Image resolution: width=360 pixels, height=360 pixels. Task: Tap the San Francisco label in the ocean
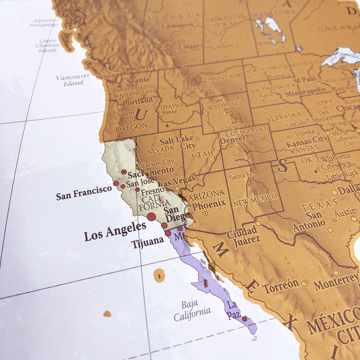pyautogui.click(x=84, y=193)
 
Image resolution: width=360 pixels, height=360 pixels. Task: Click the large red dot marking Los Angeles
pyautogui.click(x=151, y=217)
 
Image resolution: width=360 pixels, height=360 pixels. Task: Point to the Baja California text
pyautogui.click(x=192, y=310)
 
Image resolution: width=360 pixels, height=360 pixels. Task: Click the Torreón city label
pyautogui.click(x=281, y=285)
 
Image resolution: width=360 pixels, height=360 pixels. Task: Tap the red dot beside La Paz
pyautogui.click(x=244, y=319)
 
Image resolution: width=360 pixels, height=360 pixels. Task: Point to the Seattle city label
pyautogui.click(x=138, y=80)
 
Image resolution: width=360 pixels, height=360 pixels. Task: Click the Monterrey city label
pyautogui.click(x=336, y=282)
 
